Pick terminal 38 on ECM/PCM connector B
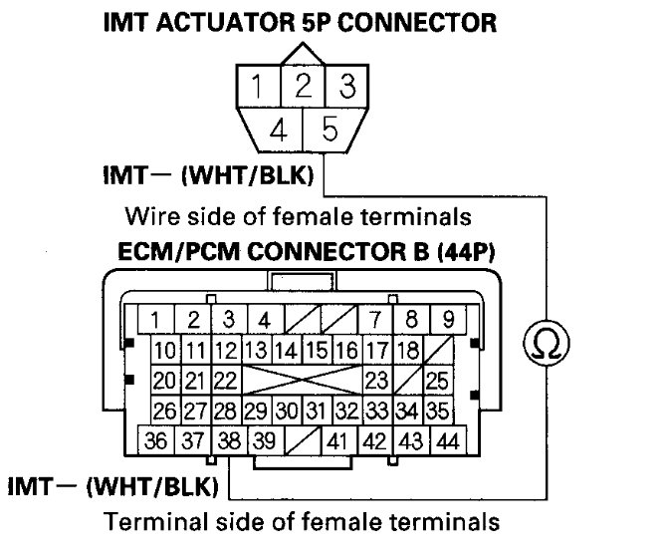point(228,439)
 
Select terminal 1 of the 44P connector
point(156,320)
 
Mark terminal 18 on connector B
point(406,351)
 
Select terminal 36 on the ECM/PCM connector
point(155,439)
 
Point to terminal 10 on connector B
point(165,351)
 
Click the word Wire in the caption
point(146,215)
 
